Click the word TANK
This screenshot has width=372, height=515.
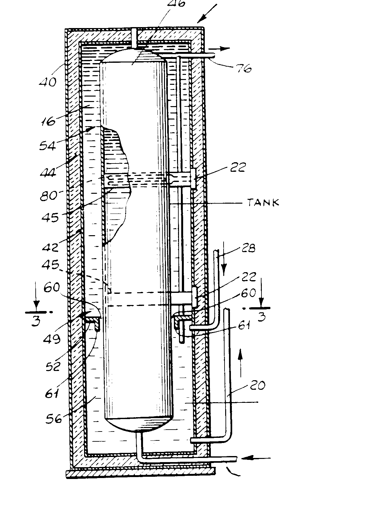[x=263, y=202]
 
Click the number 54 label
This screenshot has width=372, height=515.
[x=47, y=146]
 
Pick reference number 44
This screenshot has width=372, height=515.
[x=48, y=172]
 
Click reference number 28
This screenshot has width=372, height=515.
[x=249, y=248]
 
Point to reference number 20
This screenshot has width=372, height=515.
[x=257, y=386]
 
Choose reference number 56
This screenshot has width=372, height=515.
[x=53, y=418]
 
